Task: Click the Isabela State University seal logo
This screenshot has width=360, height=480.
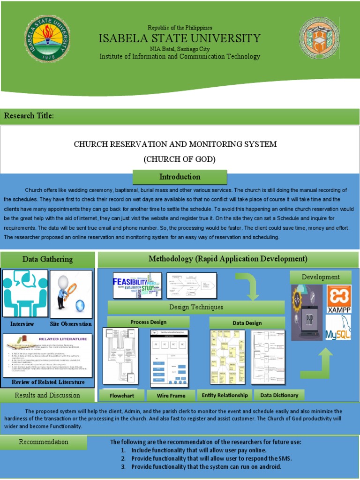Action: [x=47, y=45]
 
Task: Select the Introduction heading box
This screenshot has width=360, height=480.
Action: [x=180, y=177]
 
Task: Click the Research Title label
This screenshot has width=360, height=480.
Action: [x=29, y=116]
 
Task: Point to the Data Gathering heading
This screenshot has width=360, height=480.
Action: [x=47, y=259]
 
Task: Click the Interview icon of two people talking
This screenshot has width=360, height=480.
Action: [x=25, y=294]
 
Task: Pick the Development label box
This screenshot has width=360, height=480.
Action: [x=321, y=277]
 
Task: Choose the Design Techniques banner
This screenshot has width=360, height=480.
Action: [x=196, y=307]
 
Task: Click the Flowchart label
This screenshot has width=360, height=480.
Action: [x=122, y=396]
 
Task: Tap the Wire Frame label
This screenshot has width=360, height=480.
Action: [x=171, y=396]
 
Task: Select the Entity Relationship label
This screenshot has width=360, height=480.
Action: [x=225, y=395]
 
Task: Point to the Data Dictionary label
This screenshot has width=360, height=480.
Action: [x=279, y=395]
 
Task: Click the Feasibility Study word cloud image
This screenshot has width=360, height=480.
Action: [x=137, y=285]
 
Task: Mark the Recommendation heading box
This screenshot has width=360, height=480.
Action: [x=44, y=442]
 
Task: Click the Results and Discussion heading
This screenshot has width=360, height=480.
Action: [x=47, y=395]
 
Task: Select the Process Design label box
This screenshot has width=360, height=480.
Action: [x=148, y=322]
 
